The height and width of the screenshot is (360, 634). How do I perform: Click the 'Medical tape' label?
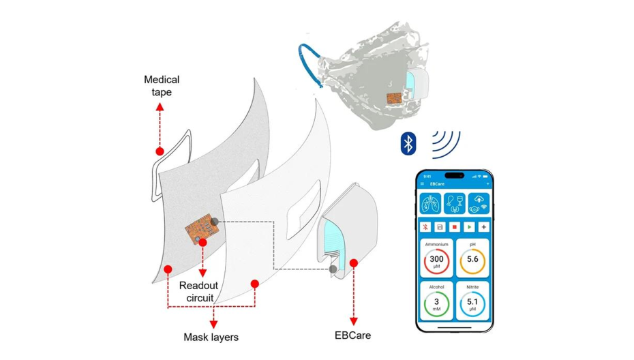(x=162, y=87)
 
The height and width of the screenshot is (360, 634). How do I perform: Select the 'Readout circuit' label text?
(x=196, y=291)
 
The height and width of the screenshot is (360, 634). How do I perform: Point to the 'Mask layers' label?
(x=211, y=337)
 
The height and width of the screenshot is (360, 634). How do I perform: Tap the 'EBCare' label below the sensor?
(x=352, y=335)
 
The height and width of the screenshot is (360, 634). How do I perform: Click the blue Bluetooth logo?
(x=408, y=142)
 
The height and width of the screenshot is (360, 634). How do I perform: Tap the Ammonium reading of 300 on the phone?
(x=436, y=260)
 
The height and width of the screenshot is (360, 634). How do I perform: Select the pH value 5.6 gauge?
(x=472, y=260)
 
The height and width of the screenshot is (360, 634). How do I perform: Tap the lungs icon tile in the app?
(x=431, y=203)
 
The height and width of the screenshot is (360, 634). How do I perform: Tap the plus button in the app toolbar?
(x=484, y=226)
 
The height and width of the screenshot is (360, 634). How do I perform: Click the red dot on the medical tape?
(x=160, y=151)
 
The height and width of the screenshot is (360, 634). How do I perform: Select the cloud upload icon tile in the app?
(x=477, y=203)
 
